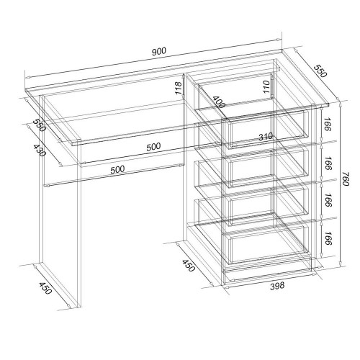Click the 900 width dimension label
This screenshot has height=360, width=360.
(158, 51)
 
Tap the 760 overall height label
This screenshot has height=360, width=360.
(345, 179)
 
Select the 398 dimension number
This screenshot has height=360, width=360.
(277, 286)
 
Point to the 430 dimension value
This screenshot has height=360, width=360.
(39, 150)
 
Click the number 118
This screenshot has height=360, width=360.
(179, 88)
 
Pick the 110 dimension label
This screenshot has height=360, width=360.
(266, 87)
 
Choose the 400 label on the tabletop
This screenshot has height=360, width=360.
(219, 102)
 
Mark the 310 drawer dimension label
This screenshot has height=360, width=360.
(266, 137)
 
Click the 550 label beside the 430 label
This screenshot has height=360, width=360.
(39, 125)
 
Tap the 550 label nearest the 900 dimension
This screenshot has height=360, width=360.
(320, 71)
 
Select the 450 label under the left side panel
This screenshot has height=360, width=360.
(45, 288)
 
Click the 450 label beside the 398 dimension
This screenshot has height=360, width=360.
(188, 265)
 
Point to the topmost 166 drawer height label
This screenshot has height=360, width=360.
(327, 124)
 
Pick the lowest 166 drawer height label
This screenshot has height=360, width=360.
(328, 238)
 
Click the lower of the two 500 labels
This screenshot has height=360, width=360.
(117, 169)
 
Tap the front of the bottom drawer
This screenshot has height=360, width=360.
(267, 245)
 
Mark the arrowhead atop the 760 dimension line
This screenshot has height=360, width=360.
(340, 104)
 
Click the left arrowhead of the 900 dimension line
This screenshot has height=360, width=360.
(27, 77)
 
